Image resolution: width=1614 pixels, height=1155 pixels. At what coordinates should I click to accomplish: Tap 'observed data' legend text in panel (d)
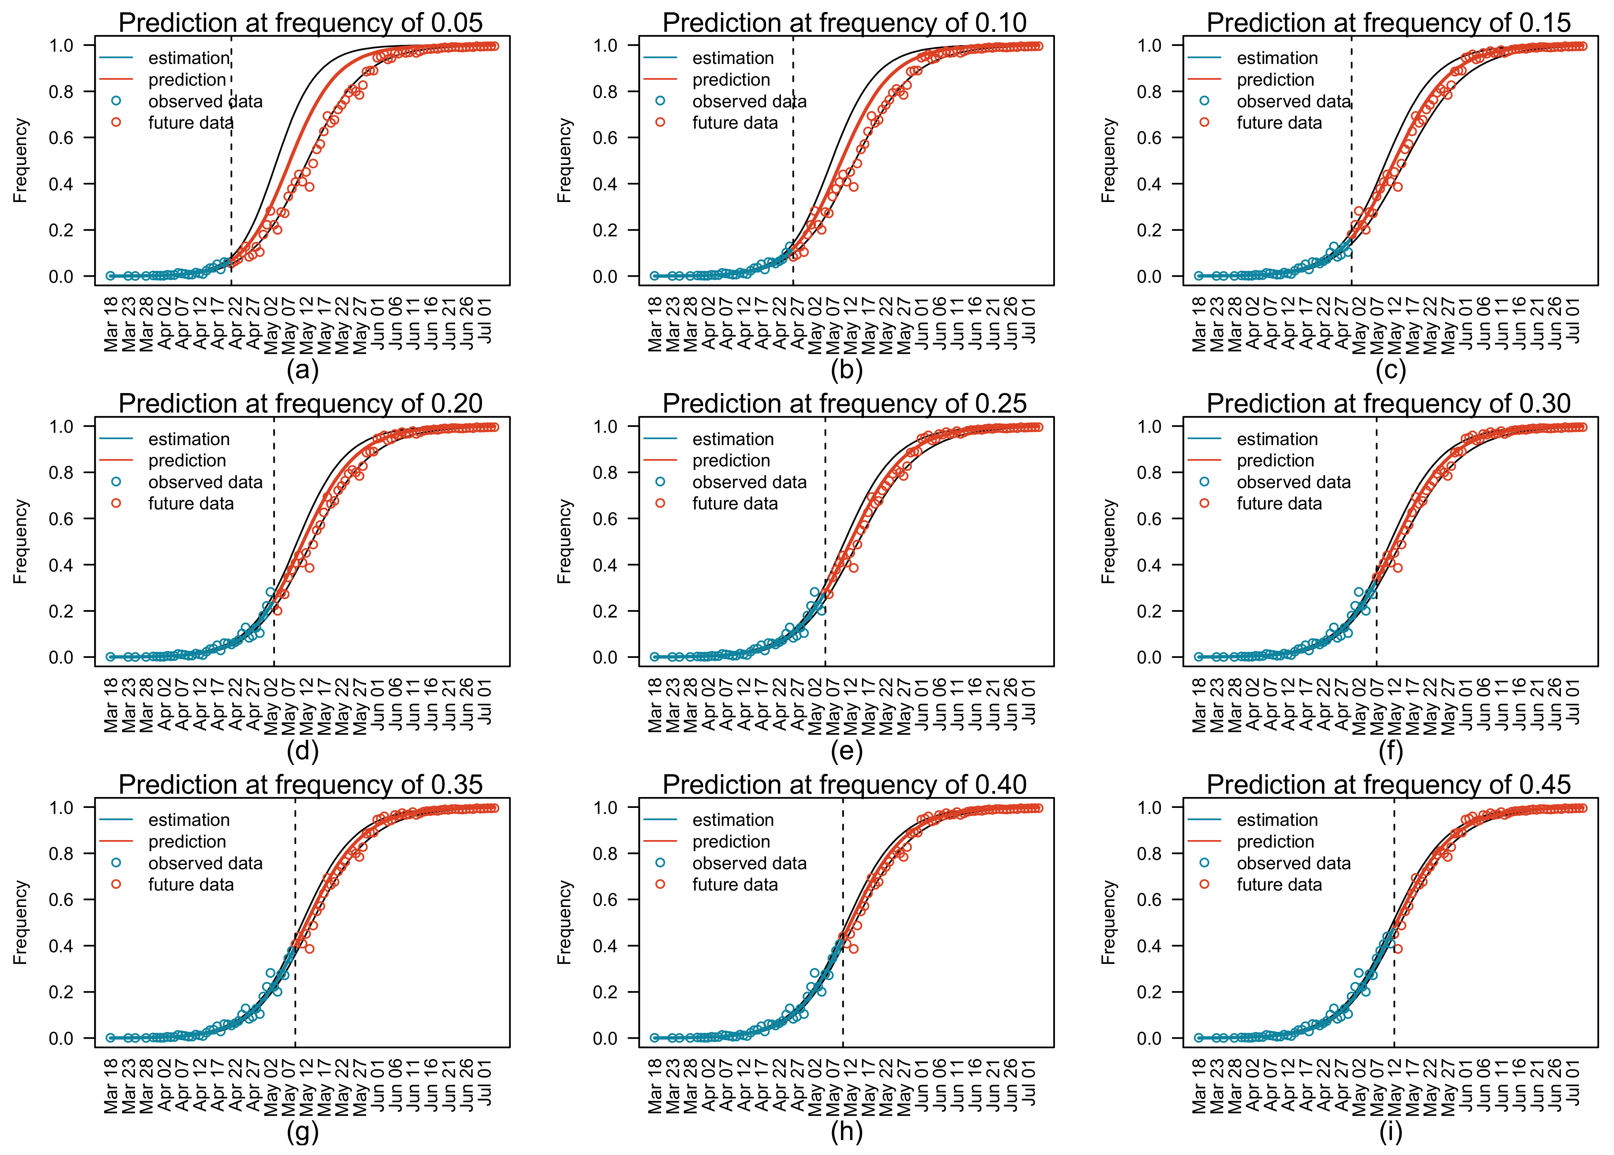coord(205,482)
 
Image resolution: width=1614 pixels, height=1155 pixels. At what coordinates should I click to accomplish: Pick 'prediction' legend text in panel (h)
coord(731,841)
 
